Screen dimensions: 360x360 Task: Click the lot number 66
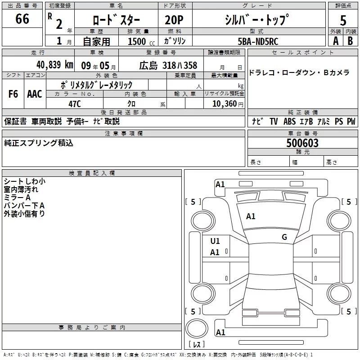click(22, 19)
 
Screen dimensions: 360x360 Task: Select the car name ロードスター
click(116, 20)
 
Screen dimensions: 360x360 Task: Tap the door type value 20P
click(175, 20)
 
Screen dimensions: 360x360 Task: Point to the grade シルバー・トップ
click(257, 20)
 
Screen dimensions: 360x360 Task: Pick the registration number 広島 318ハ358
click(168, 65)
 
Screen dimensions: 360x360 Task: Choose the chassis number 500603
click(302, 143)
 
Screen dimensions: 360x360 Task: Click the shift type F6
click(13, 94)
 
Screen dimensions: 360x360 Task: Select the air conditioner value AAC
click(35, 94)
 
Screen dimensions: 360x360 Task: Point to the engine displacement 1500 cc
click(139, 41)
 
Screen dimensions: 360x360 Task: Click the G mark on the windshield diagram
click(284, 237)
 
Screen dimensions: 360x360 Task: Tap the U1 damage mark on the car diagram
click(215, 241)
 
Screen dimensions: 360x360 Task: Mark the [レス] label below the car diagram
click(196, 345)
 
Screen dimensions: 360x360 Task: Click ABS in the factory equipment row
click(289, 121)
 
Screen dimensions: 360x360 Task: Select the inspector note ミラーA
click(17, 198)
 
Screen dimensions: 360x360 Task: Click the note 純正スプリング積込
click(38, 143)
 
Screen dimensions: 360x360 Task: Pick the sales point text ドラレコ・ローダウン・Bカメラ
click(299, 73)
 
